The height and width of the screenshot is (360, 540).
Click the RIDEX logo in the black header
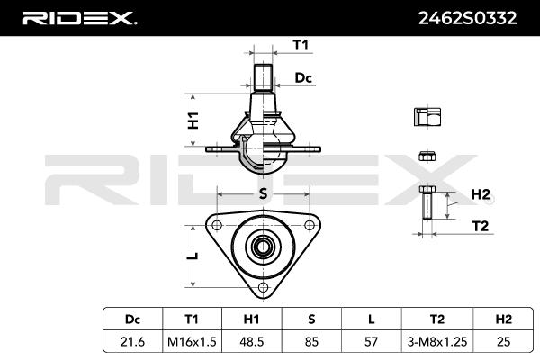pos(80,18)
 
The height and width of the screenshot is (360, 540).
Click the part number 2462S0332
pos(467,18)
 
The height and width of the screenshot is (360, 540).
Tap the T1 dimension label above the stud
pos(301,45)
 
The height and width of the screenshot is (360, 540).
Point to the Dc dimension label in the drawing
pos(303,78)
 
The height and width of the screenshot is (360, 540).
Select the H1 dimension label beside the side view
pos(193,121)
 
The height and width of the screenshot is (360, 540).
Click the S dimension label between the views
pos(263,194)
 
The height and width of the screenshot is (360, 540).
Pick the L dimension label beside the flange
pos(194,256)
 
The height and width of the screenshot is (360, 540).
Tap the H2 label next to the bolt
pos(481,194)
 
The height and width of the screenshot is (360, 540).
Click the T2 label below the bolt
pos(480,226)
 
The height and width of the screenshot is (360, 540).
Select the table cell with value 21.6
pos(132,341)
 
